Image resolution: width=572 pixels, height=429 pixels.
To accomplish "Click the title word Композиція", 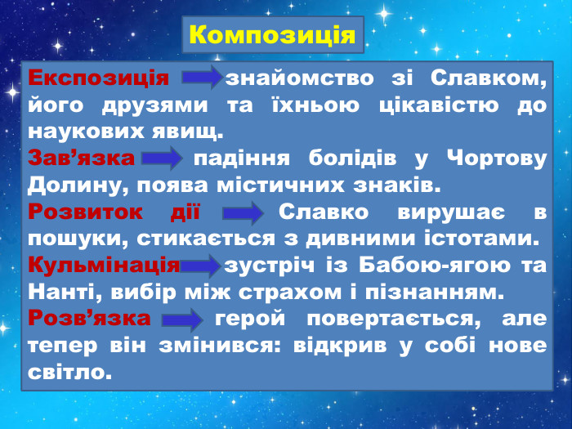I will [271, 35].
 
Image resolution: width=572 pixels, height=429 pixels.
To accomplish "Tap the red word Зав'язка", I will [80, 157].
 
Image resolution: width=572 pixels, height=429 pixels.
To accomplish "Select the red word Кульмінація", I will [104, 265].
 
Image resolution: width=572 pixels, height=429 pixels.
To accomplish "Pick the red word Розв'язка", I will [89, 317].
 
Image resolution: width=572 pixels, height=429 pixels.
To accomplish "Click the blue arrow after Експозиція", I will [200, 79].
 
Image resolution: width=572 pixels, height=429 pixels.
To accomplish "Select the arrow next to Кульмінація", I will [201, 265].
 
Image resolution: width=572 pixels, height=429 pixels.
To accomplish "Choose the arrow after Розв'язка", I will [181, 318].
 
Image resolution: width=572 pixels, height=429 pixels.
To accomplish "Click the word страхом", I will [315, 291].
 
